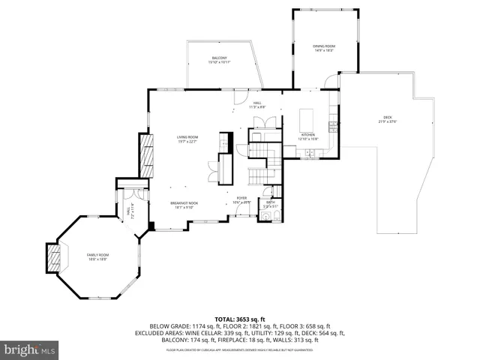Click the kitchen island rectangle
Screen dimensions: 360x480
(305, 120)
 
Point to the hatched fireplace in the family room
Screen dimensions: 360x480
(53, 258)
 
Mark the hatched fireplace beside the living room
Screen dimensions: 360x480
(147, 155)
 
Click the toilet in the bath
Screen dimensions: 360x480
(277, 217)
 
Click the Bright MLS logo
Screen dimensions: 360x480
(30, 349)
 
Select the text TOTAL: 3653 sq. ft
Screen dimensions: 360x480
(240, 319)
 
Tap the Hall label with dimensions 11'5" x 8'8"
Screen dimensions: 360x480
(257, 105)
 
